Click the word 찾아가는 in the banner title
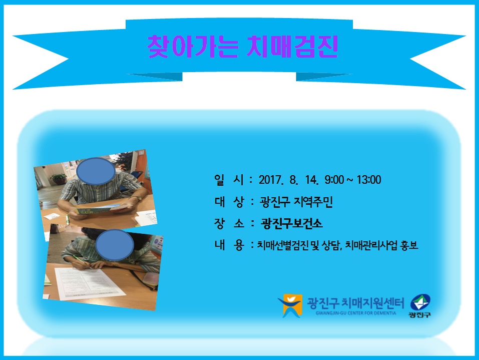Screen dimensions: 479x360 (193, 47)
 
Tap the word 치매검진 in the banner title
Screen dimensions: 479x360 (292, 47)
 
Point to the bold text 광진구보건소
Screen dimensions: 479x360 (292, 224)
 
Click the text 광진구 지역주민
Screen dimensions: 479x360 (296, 202)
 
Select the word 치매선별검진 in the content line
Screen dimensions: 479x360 (283, 245)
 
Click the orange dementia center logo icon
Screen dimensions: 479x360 (290, 305)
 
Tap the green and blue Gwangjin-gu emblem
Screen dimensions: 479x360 (420, 302)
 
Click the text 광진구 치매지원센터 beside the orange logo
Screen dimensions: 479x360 (355, 303)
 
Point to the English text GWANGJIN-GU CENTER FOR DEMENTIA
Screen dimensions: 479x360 (355, 313)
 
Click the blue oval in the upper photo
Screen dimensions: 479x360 (96, 171)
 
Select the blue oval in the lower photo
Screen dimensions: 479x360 (115, 245)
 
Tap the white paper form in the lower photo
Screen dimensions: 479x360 (89, 283)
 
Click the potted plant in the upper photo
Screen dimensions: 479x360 (58, 179)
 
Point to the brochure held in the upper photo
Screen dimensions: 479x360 (102, 209)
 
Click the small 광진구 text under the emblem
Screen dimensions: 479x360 (420, 315)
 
